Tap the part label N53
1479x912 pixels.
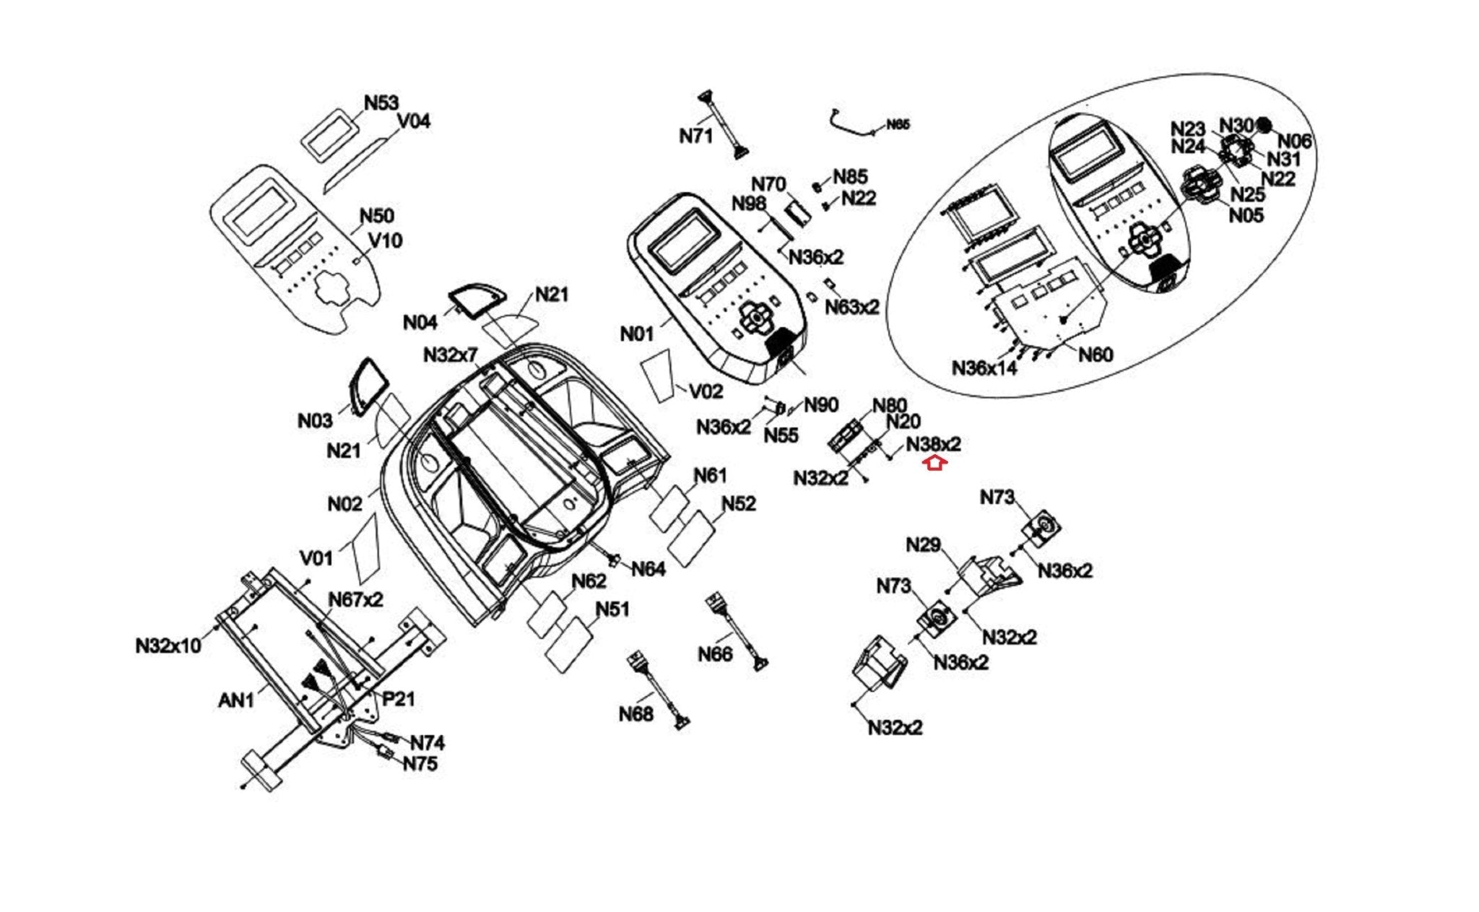[x=381, y=103]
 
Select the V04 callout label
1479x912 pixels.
[x=414, y=121]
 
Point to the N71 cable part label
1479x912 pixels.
[x=695, y=135]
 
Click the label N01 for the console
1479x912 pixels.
[x=636, y=334]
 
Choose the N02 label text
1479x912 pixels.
[x=344, y=503]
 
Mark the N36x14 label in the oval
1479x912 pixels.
[x=984, y=368]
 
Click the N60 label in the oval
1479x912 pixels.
[x=1095, y=354]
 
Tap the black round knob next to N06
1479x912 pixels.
[x=1263, y=125]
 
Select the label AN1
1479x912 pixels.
[x=235, y=700]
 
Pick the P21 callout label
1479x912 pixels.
[x=398, y=698]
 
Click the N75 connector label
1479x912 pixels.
[x=420, y=763]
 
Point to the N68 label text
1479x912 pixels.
[x=636, y=714]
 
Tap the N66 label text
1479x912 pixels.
[x=715, y=653]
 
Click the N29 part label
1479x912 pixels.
[x=923, y=544]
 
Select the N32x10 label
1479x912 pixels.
[x=168, y=645]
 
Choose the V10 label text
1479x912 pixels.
[x=385, y=240]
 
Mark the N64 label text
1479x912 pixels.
[x=648, y=569]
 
